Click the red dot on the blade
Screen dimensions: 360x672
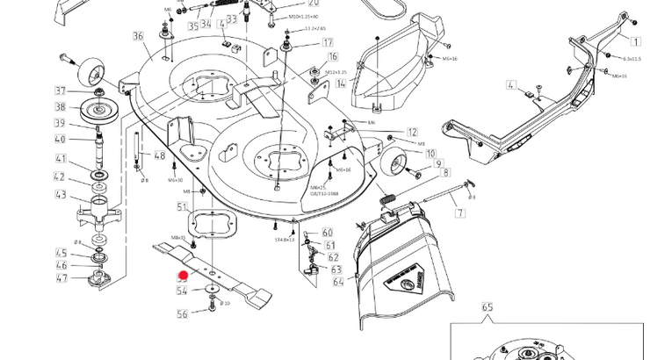(x=184, y=277)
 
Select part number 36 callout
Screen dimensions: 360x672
(x=138, y=36)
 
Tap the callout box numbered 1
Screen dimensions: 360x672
(x=636, y=41)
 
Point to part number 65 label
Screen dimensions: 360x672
(x=488, y=308)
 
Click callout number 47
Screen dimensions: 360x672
(x=61, y=278)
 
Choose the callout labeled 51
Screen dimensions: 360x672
(x=182, y=207)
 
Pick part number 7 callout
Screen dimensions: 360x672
(x=460, y=213)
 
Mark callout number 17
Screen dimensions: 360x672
(x=327, y=42)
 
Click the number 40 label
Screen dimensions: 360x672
(x=61, y=139)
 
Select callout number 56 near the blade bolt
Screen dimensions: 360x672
(x=182, y=313)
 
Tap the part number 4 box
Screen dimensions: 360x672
(x=510, y=84)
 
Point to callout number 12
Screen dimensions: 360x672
(x=412, y=133)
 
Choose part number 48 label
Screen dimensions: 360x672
(x=159, y=155)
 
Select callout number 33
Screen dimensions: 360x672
(x=232, y=18)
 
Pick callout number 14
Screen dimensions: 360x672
(x=341, y=83)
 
